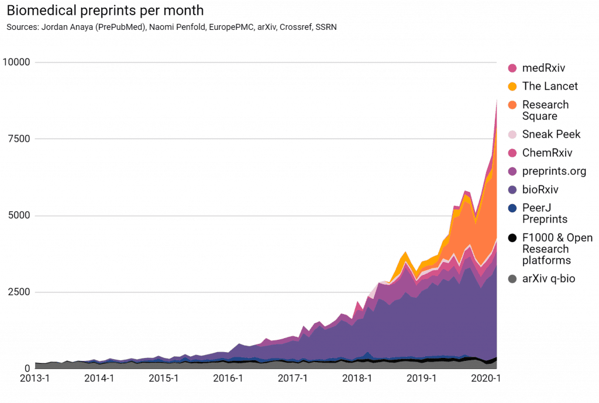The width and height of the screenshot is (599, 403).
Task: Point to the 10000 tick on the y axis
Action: [x=16, y=63]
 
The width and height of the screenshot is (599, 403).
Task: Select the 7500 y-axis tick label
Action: [x=19, y=139]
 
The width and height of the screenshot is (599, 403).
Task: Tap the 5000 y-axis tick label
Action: [x=19, y=216]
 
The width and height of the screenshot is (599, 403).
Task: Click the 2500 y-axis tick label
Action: [x=19, y=292]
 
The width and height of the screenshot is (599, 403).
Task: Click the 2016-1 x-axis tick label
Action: [x=228, y=378]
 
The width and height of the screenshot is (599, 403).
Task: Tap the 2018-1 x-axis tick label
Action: [x=358, y=378]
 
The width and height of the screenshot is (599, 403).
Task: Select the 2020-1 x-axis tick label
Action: [x=487, y=378]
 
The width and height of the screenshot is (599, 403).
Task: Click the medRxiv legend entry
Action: [x=543, y=68]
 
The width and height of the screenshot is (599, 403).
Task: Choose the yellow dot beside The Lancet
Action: [x=512, y=87]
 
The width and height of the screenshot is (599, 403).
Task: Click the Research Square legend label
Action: [x=545, y=110]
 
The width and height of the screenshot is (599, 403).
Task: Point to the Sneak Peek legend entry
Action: [x=551, y=135]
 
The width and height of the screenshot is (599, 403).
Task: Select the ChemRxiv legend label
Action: [x=547, y=153]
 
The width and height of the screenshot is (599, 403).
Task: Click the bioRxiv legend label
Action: [x=541, y=190]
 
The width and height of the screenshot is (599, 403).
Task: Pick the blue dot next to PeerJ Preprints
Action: [x=512, y=208]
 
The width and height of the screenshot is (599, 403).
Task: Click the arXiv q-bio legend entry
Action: [x=549, y=278]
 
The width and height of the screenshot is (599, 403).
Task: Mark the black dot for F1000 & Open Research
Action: [x=512, y=238]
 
